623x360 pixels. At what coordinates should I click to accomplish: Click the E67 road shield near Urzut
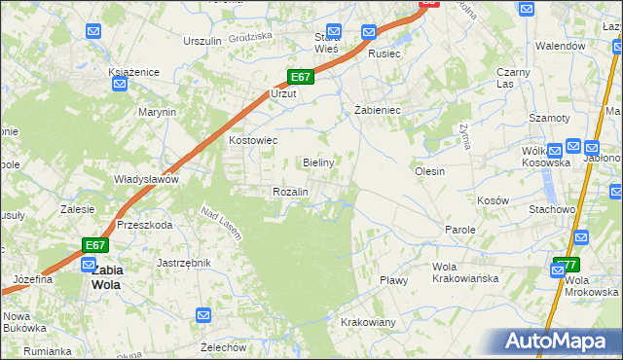(x=300, y=78)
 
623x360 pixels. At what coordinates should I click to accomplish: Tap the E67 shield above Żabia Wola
(x=94, y=245)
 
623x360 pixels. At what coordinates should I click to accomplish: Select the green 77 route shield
(x=566, y=265)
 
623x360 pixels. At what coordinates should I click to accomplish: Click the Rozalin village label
(x=290, y=192)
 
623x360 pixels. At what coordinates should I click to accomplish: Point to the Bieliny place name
(x=319, y=162)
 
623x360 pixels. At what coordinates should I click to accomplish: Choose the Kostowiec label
(x=253, y=140)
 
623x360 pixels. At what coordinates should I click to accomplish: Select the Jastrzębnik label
(x=184, y=263)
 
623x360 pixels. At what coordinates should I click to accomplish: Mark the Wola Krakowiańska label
(x=465, y=272)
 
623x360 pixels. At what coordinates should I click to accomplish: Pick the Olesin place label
(x=429, y=171)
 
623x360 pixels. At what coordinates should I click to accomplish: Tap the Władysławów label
(x=146, y=179)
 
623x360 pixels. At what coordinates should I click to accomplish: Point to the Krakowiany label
(x=368, y=322)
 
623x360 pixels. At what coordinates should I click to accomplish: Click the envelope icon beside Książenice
(x=120, y=85)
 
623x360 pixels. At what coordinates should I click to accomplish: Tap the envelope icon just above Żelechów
(x=203, y=315)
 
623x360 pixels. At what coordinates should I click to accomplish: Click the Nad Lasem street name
(x=221, y=222)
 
